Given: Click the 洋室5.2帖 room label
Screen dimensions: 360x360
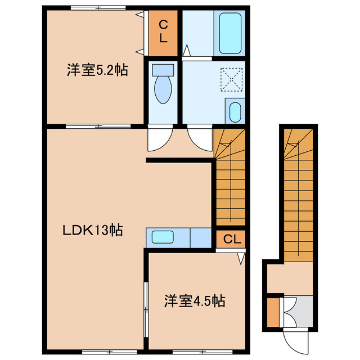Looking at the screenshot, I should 97,71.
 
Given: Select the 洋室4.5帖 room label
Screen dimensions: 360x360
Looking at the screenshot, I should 195,301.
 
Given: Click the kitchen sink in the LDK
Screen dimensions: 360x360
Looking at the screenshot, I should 162,237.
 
